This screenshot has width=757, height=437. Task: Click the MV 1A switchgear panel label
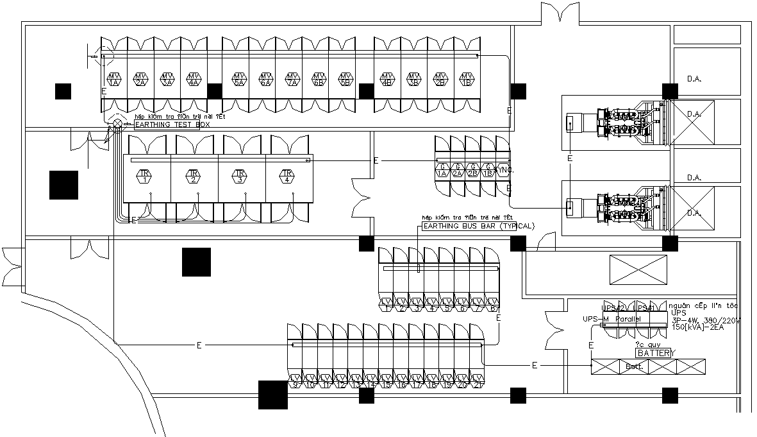(114, 79)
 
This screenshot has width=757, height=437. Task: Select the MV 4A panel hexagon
(194, 79)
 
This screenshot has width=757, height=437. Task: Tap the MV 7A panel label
(292, 79)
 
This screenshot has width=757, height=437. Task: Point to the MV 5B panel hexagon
(345, 79)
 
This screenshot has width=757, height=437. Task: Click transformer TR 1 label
(146, 176)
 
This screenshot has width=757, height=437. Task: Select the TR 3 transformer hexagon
(240, 176)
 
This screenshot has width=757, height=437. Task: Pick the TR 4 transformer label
(288, 176)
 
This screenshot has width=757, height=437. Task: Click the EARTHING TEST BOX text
(172, 124)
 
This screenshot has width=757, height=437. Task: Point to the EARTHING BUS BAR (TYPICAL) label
(478, 226)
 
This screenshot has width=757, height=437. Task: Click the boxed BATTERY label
(653, 353)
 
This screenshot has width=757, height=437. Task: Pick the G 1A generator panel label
(442, 170)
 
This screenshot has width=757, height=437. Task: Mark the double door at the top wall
(560, 13)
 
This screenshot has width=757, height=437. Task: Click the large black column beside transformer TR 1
(63, 185)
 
